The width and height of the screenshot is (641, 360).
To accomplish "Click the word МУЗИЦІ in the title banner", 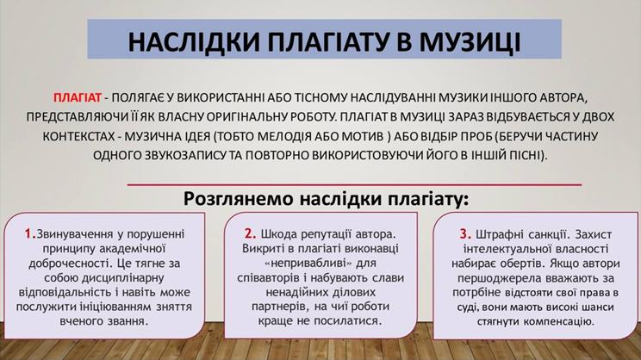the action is (x=470, y=41).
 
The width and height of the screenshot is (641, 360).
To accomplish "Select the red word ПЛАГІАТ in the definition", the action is (x=78, y=97).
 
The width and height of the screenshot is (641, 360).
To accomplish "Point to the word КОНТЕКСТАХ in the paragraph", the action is (x=78, y=136).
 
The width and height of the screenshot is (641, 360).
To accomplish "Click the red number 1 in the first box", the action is (x=29, y=233).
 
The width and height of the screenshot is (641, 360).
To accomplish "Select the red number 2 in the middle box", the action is (x=249, y=233).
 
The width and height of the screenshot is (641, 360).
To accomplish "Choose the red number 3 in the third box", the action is (x=464, y=234).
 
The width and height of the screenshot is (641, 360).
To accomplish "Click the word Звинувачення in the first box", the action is (x=74, y=234).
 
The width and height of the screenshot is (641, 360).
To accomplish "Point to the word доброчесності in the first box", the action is (x=68, y=264).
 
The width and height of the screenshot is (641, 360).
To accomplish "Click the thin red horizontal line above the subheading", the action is (x=354, y=184).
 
